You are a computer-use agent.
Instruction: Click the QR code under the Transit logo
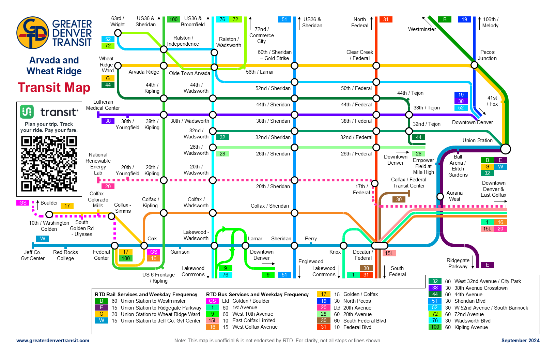click(x=49, y=164)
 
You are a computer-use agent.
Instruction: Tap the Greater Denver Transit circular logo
click(x=33, y=33)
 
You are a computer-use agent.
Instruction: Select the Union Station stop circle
click(x=506, y=149)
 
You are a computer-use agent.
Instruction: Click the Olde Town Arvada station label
click(x=189, y=73)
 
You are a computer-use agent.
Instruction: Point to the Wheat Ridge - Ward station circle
click(x=118, y=65)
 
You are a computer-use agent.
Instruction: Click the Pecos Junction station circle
click(x=474, y=65)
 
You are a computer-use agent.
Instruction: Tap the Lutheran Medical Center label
click(x=103, y=105)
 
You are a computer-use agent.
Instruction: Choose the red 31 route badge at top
click(x=386, y=19)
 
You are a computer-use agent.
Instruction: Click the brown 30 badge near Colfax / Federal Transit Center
click(x=399, y=199)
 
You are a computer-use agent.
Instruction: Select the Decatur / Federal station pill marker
click(x=380, y=245)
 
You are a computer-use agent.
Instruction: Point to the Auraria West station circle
click(x=440, y=196)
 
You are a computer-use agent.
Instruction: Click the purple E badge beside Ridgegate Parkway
click(x=487, y=265)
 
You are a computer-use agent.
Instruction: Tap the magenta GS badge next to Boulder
click(x=23, y=202)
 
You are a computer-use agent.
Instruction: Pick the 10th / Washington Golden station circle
click(x=49, y=214)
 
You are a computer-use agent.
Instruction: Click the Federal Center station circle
click(x=115, y=245)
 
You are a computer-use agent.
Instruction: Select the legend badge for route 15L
click(x=213, y=320)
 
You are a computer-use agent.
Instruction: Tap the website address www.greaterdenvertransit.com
click(x=53, y=341)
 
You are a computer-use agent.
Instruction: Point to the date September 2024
click(x=520, y=341)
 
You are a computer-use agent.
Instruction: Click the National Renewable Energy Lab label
click(x=98, y=164)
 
